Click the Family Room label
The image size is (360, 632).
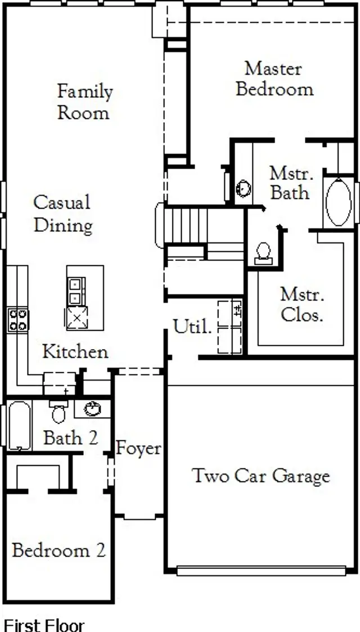84,102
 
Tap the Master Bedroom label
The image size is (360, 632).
274,79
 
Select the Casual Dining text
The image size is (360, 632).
62,214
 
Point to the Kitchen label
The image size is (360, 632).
75,352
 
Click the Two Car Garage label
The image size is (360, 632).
261,476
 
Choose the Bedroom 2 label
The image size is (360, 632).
58,550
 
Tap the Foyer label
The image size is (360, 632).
138,449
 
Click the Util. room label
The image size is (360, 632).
192,327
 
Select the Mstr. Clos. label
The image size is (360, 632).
302,304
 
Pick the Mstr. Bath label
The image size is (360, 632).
290,183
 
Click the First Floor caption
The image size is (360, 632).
44,625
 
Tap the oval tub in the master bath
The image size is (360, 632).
338,202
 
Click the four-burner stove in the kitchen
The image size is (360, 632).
17,320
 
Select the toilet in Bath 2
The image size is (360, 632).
58,412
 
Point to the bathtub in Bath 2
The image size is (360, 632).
19,425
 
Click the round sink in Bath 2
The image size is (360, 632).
92,409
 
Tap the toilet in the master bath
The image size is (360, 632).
263,252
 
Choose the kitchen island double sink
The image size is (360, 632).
75,291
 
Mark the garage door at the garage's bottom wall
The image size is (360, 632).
260,571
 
